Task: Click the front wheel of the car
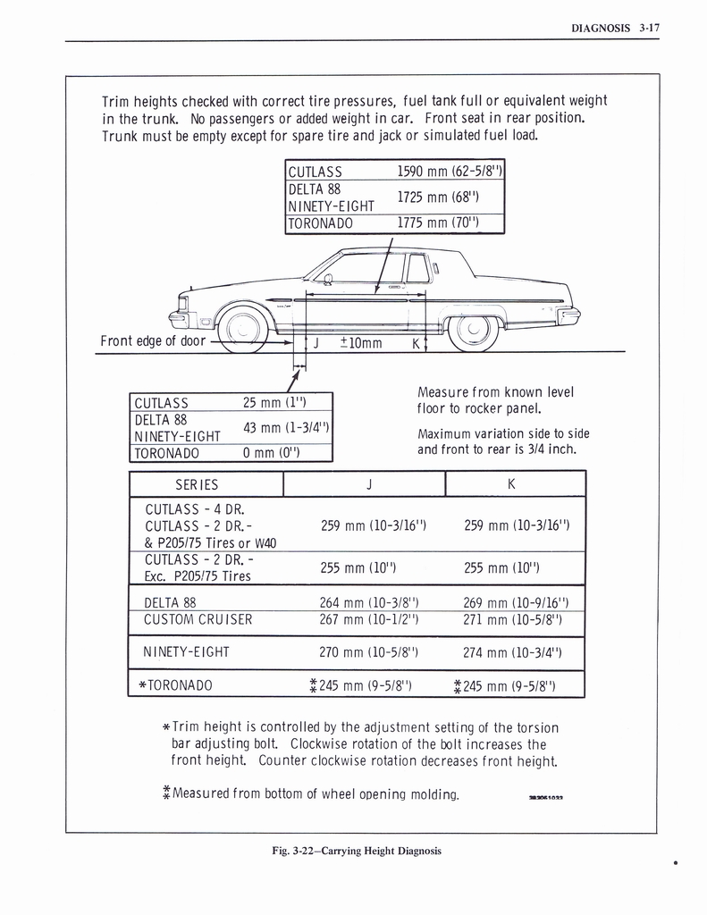pyautogui.click(x=242, y=331)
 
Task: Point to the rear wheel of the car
pyautogui.click(x=473, y=332)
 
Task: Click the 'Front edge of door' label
pyautogui.click(x=153, y=340)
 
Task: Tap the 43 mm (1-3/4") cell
pyautogui.click(x=287, y=427)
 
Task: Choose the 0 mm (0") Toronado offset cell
pyautogui.click(x=272, y=452)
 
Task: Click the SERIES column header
pyautogui.click(x=197, y=483)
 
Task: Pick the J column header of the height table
pyautogui.click(x=368, y=483)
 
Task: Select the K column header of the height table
pyautogui.click(x=511, y=483)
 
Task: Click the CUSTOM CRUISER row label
pyautogui.click(x=198, y=620)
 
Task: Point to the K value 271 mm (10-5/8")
pyautogui.click(x=512, y=620)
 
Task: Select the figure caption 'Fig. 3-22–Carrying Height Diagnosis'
pyautogui.click(x=357, y=851)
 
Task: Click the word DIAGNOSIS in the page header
pyautogui.click(x=600, y=28)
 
